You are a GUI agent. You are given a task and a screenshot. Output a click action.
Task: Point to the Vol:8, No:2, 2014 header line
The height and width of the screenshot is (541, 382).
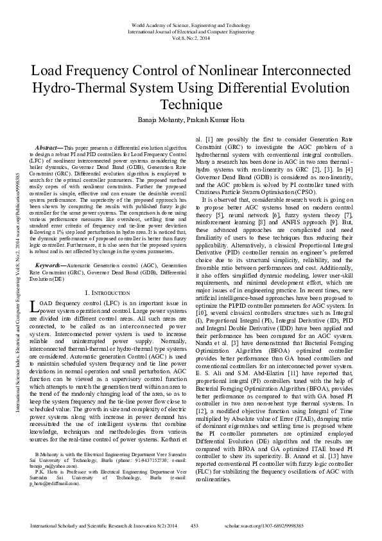(x=191, y=37)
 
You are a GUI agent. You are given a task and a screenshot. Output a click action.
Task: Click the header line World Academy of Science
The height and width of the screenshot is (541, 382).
(x=191, y=23)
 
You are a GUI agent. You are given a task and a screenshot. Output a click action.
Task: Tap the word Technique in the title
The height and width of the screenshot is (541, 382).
(x=191, y=104)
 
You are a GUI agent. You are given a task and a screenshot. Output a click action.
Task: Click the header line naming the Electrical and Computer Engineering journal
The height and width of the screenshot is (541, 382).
(x=191, y=30)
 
